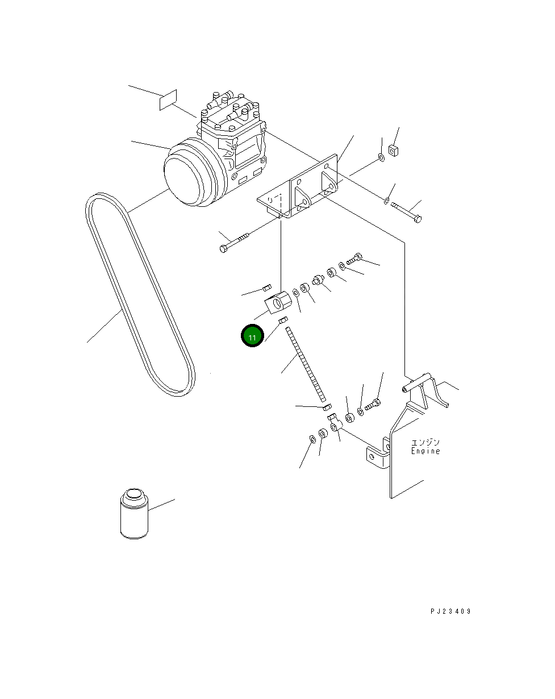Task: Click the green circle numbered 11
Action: (252, 335)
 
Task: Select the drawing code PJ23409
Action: (450, 611)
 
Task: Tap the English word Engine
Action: (425, 451)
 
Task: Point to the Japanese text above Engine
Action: (425, 442)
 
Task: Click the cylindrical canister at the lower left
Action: (134, 514)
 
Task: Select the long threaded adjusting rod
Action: (305, 364)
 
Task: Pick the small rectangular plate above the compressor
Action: (168, 100)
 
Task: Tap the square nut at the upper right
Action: (393, 151)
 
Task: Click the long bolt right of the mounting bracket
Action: (406, 213)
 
